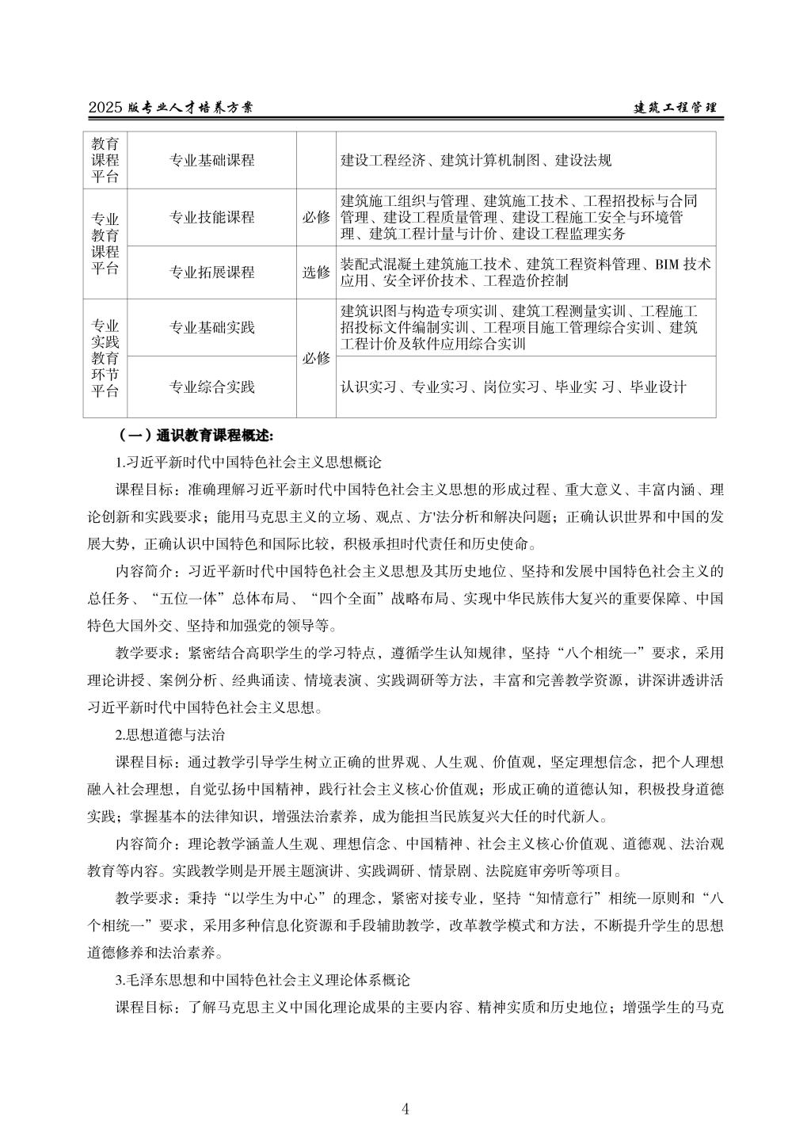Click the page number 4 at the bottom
click(405, 1108)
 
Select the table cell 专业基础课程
click(211, 160)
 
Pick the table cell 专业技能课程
click(211, 217)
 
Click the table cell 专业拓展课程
click(211, 272)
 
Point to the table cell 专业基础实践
click(211, 328)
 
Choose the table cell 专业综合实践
click(211, 387)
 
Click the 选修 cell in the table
click(316, 272)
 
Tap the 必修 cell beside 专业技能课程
click(316, 217)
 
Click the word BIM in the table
click(666, 265)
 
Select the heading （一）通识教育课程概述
click(195, 435)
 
